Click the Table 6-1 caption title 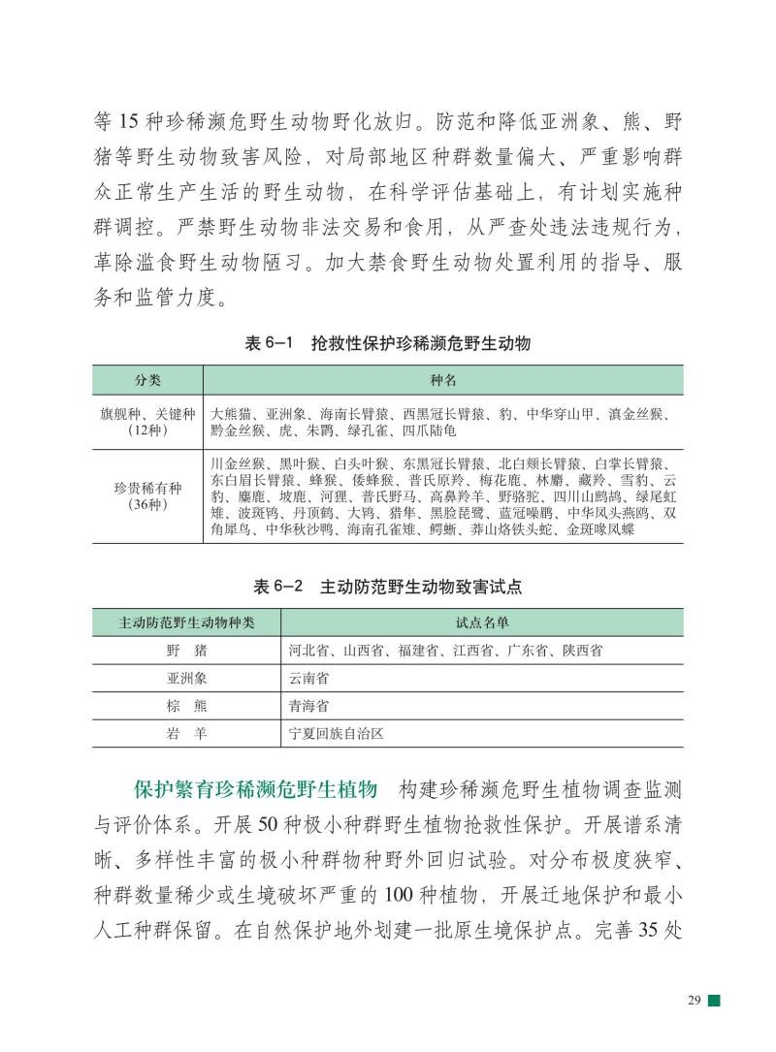coord(388,344)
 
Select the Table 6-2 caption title coord(388,588)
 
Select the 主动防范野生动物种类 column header coord(186,623)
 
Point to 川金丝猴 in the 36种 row coord(237,463)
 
